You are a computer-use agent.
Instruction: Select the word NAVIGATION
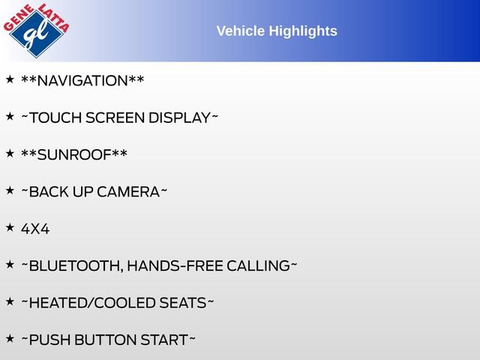coord(82,80)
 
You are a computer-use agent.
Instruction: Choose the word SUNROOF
coord(73,154)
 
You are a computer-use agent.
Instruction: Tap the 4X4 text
coord(35,229)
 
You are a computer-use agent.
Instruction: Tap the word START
coord(163,340)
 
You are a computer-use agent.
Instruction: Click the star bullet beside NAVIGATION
coord(10,79)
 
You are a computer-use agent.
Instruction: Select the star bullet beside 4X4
coord(10,227)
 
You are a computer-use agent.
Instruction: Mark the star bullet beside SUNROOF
coord(10,153)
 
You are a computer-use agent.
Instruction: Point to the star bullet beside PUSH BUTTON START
coord(10,338)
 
